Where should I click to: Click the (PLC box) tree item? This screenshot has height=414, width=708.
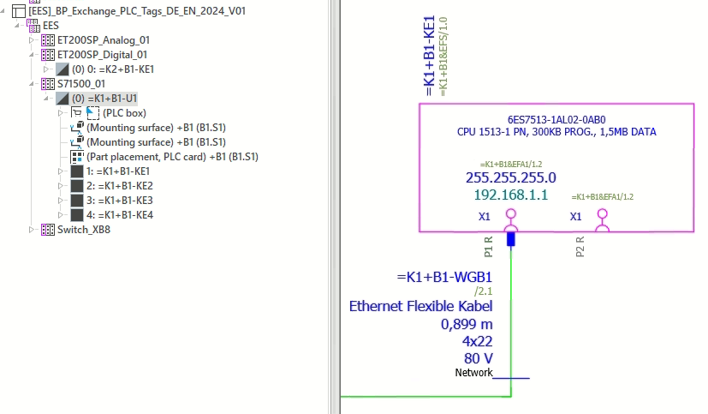point(125,113)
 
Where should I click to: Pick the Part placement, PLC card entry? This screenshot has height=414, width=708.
point(172,157)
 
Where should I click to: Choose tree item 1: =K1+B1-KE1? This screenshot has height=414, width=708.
point(120,171)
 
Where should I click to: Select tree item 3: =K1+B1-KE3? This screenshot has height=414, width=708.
point(120,201)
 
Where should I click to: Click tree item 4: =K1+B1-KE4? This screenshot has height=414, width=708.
point(120,215)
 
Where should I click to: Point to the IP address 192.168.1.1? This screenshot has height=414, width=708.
point(510,195)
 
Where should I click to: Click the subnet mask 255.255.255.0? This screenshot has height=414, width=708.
point(510,178)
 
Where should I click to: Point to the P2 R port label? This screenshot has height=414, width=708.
point(580,247)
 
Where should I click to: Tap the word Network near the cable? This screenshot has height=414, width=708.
point(473,373)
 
